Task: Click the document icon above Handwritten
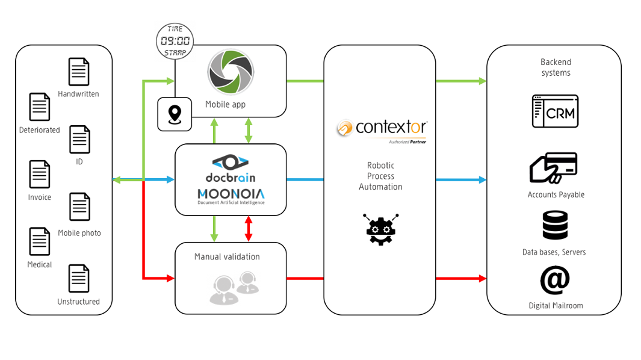click(x=79, y=72)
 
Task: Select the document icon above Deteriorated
click(x=40, y=107)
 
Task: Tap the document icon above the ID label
click(x=79, y=140)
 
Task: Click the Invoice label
click(x=40, y=197)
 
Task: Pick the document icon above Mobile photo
click(x=79, y=207)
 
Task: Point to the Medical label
click(x=40, y=265)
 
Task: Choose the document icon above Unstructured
click(x=79, y=279)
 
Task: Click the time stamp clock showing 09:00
click(x=175, y=41)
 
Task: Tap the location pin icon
click(x=175, y=114)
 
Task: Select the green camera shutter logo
click(x=231, y=73)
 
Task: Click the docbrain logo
click(x=231, y=169)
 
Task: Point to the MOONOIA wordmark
click(x=231, y=194)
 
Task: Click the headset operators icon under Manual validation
click(x=234, y=287)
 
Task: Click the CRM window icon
click(x=555, y=111)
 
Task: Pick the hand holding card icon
click(x=553, y=168)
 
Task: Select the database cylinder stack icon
click(x=555, y=226)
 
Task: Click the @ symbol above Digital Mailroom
click(x=554, y=280)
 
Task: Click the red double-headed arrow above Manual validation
click(x=249, y=229)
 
